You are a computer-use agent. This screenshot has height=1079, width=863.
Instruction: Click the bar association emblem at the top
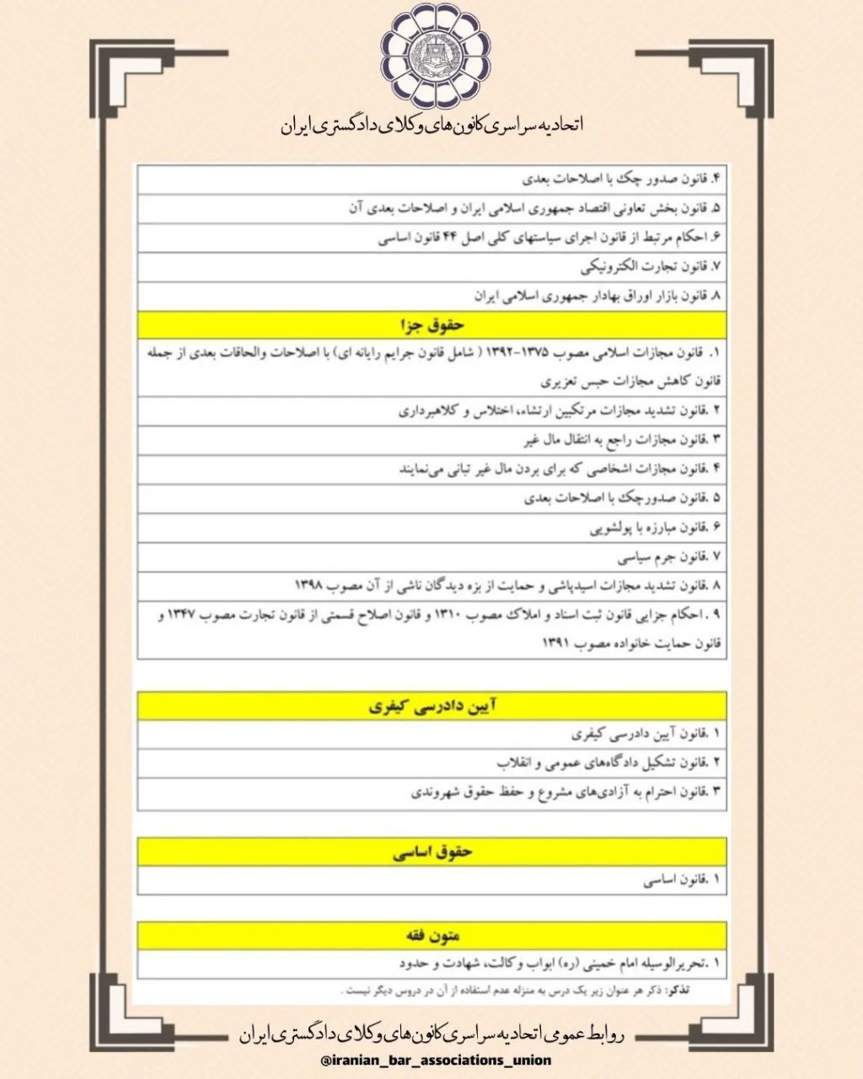tap(431, 56)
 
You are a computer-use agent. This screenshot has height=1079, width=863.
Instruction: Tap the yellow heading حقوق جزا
tap(431, 324)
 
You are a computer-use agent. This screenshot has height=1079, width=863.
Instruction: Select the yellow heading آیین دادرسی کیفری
tap(431, 706)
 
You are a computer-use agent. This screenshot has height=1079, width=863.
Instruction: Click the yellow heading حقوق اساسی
tap(431, 851)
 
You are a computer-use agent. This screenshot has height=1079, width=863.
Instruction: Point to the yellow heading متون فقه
tap(431, 935)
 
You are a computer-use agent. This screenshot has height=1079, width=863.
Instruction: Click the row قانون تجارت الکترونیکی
tap(649, 268)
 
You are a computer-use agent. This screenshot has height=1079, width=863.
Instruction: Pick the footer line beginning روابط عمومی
tap(431, 1034)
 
